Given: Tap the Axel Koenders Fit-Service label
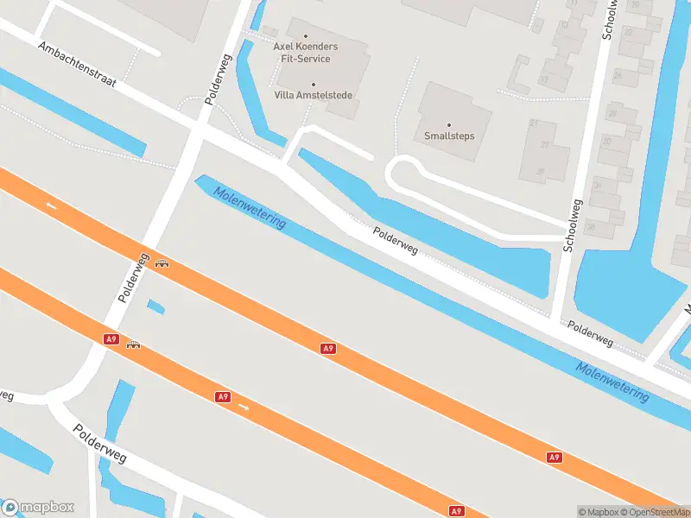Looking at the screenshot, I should pos(306,52).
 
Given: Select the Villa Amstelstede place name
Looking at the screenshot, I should pos(313,95).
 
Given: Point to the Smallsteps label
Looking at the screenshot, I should pos(449,136).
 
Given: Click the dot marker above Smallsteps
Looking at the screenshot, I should pos(449,124).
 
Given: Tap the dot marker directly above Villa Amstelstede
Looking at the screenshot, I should pos(314,84).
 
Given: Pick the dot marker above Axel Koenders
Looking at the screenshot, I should pos(306,35).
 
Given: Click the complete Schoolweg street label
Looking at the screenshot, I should pos(574,225).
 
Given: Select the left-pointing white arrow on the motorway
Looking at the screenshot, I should pos(52,205).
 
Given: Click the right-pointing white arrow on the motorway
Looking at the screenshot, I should pos(244,406).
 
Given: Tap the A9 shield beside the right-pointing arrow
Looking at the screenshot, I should pos(223,396).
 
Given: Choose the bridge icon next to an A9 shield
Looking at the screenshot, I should pos(133,345).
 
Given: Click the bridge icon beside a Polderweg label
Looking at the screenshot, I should pos(162,264).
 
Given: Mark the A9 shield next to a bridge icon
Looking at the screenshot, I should pos(111,339).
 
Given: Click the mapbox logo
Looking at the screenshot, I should pos(38,508).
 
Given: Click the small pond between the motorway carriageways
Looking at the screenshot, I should pos(155,306).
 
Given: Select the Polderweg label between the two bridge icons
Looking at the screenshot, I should pos(135,278).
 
